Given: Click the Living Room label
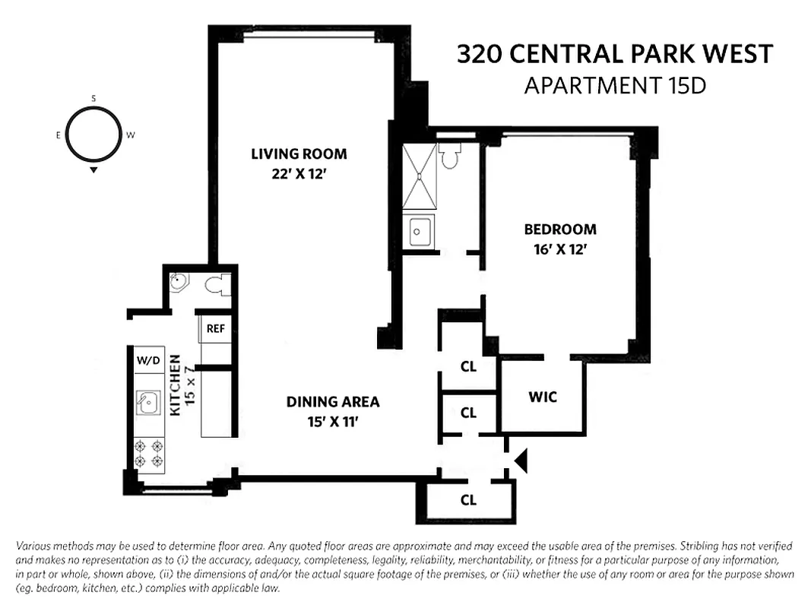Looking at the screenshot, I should click(x=299, y=154).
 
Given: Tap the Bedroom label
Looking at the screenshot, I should click(x=560, y=229).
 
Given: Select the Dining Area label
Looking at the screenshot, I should click(x=332, y=402).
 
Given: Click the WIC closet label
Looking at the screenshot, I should click(x=543, y=397).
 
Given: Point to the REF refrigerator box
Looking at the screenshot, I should click(x=215, y=329).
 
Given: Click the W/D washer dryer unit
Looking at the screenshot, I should click(x=148, y=359).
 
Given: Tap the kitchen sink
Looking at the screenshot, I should click(x=148, y=402).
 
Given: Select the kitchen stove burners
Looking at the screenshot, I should click(x=149, y=454).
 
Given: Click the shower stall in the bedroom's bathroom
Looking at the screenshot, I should click(x=419, y=176).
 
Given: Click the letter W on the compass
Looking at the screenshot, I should click(x=130, y=135).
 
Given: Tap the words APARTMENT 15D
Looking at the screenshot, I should click(x=615, y=86).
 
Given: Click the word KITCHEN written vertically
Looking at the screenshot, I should click(x=175, y=385).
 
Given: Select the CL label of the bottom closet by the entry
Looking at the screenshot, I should click(x=468, y=500).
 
